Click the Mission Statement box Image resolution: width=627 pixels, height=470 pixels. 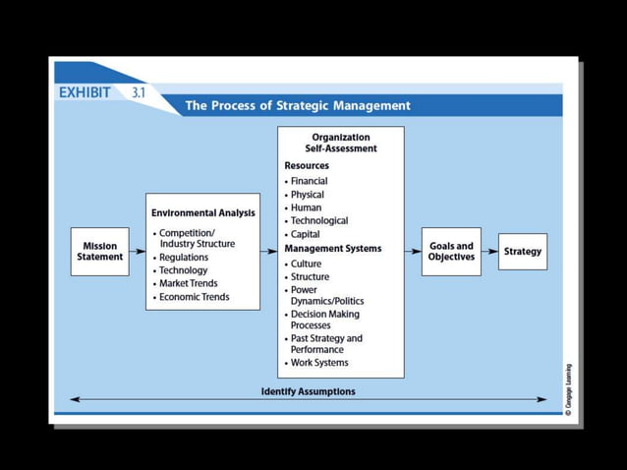click(99, 252)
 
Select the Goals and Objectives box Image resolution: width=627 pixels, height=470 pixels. click(451, 252)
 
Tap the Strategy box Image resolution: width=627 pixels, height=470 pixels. click(522, 252)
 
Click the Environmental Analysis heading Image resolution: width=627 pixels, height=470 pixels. click(202, 212)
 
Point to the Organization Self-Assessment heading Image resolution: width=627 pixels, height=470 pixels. click(340, 143)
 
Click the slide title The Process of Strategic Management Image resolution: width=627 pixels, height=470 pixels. click(298, 106)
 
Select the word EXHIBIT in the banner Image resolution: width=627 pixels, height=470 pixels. click(85, 92)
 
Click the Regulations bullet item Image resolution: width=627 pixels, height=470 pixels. click(184, 258)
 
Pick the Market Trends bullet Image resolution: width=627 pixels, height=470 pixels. click(189, 283)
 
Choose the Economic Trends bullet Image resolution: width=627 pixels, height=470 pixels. click(194, 297)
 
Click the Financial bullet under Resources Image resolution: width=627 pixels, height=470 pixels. click(309, 181)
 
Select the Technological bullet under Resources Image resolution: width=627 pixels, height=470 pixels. click(318, 221)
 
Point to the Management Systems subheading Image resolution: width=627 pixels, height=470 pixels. click(332, 249)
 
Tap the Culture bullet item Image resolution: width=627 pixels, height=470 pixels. click(306, 264)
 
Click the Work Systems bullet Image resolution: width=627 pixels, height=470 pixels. click(318, 363)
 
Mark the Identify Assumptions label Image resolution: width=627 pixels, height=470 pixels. click(308, 391)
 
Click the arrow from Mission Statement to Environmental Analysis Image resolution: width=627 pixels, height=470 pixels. click(138, 252)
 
